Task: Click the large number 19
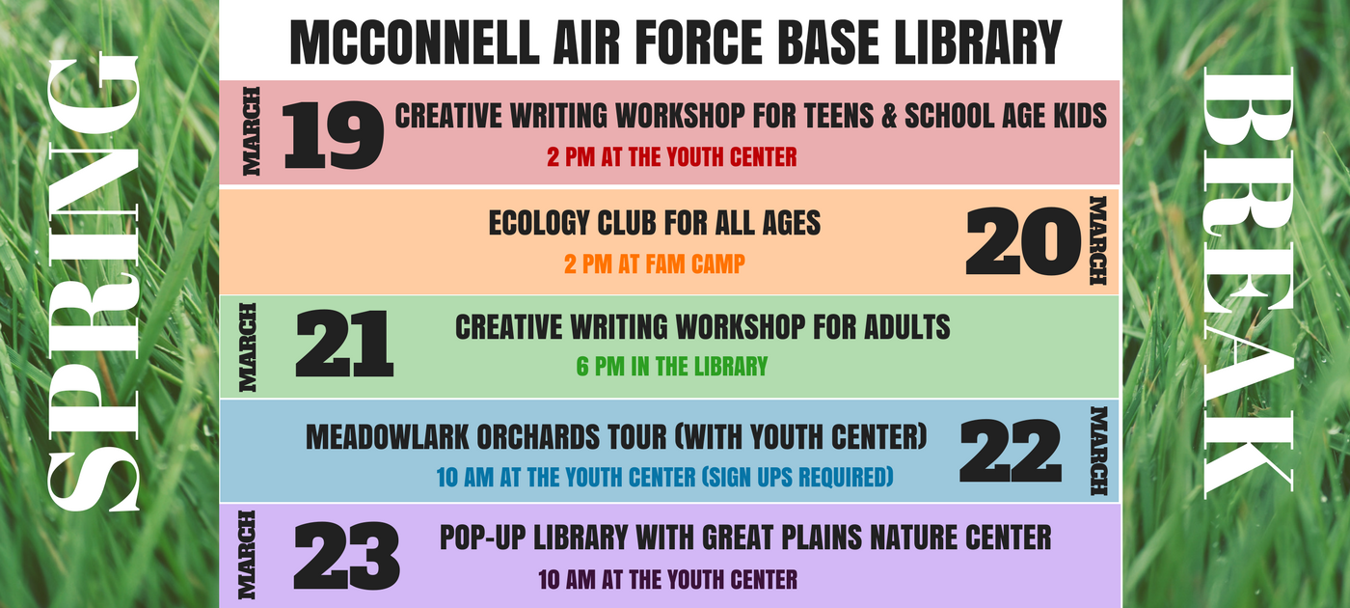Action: pyautogui.click(x=333, y=136)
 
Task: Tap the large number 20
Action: pyautogui.click(x=1023, y=242)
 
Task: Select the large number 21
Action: pyautogui.click(x=344, y=344)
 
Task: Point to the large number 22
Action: pyautogui.click(x=1011, y=452)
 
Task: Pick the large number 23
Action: pyautogui.click(x=346, y=556)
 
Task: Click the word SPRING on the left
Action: pyautogui.click(x=93, y=284)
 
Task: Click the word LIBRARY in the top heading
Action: pyautogui.click(x=977, y=42)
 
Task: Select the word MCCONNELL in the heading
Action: pyautogui.click(x=415, y=42)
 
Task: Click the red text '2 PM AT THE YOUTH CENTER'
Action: pyautogui.click(x=671, y=157)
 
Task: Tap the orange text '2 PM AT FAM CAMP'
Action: pyautogui.click(x=655, y=264)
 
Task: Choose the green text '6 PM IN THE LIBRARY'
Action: pyautogui.click(x=672, y=367)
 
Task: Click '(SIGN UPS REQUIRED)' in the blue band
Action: pyautogui.click(x=797, y=477)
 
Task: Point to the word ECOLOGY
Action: pyautogui.click(x=539, y=223)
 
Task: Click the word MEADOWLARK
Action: pyautogui.click(x=387, y=437)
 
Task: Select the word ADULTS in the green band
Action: pyautogui.click(x=907, y=327)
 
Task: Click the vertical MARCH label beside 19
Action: pyautogui.click(x=252, y=131)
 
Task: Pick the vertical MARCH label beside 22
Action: pyautogui.click(x=1098, y=452)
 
